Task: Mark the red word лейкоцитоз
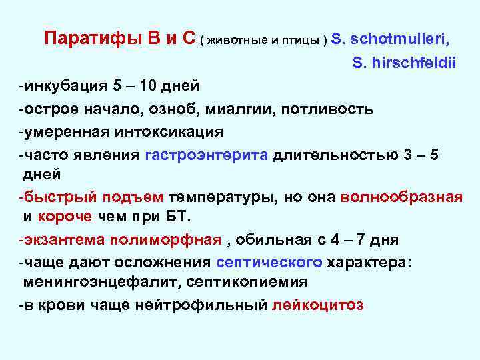coord(318,305)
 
